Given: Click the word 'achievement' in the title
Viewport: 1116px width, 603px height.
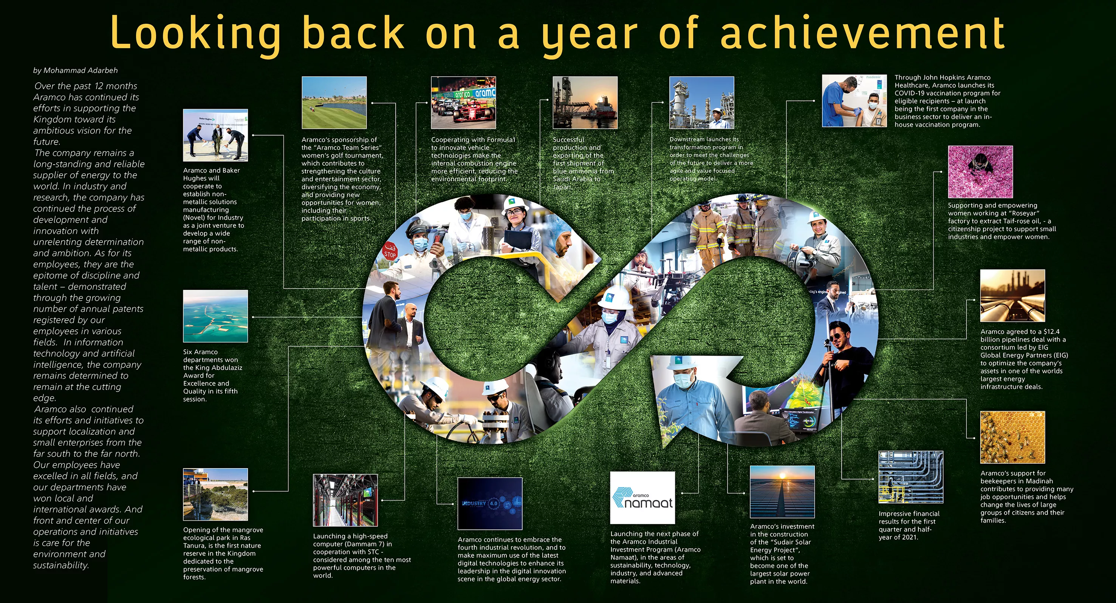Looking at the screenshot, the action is [x=862, y=32].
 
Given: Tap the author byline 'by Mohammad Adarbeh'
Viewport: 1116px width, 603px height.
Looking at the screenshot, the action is [x=75, y=71].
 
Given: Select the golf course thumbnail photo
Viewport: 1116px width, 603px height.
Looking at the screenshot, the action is [x=334, y=103].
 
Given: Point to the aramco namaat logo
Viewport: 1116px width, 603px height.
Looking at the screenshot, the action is [x=642, y=498].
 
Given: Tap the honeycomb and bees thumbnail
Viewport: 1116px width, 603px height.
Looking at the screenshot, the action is [x=1013, y=437].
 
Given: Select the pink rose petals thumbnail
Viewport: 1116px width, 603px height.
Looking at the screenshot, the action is [x=980, y=172].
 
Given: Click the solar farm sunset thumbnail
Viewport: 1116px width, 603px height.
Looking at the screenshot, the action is [x=782, y=492].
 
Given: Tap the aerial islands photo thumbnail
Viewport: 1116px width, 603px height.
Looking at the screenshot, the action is [x=216, y=316].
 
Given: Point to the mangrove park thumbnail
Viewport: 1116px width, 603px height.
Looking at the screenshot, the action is [x=216, y=494].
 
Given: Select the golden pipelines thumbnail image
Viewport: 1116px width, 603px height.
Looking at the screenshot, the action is [x=1013, y=296].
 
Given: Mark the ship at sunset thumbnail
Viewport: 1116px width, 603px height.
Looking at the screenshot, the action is [x=585, y=103].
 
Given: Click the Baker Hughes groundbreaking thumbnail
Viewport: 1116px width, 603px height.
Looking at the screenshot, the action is [x=216, y=135].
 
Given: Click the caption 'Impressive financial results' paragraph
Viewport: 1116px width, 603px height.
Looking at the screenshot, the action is [x=909, y=526].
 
